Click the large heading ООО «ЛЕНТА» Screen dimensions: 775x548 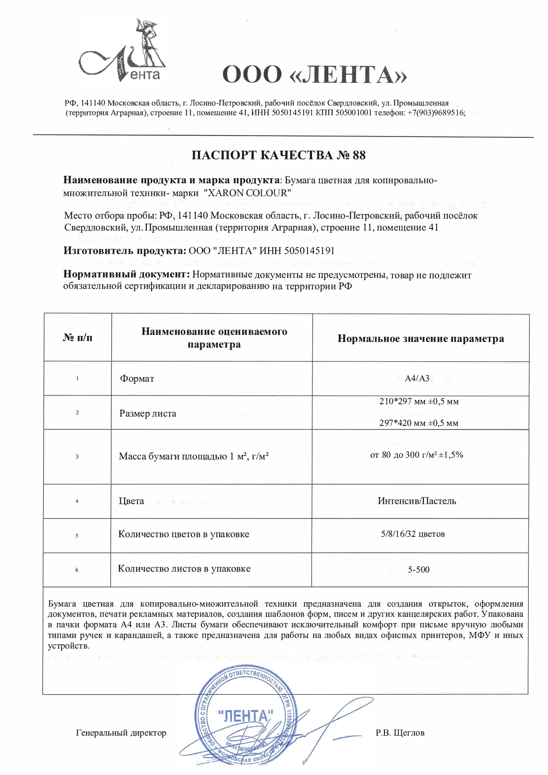click(314, 74)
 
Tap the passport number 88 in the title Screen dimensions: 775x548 click(359, 155)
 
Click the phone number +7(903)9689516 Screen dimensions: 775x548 click(436, 113)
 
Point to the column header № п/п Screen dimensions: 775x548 click(78, 338)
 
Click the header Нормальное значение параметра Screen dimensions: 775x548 click(421, 338)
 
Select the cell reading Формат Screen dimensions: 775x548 click(137, 379)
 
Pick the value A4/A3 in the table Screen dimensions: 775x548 click(417, 378)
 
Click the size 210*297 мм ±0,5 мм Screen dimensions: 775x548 click(419, 402)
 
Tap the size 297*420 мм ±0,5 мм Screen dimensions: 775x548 click(419, 423)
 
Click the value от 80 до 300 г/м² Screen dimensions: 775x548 click(416, 455)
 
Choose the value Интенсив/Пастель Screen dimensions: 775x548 click(417, 501)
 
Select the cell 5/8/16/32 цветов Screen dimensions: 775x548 click(413, 534)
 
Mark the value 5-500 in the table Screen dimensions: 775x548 click(419, 570)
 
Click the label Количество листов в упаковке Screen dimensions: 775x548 click(184, 569)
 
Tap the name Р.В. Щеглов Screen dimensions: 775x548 click(400, 733)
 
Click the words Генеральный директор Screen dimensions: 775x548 click(121, 733)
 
